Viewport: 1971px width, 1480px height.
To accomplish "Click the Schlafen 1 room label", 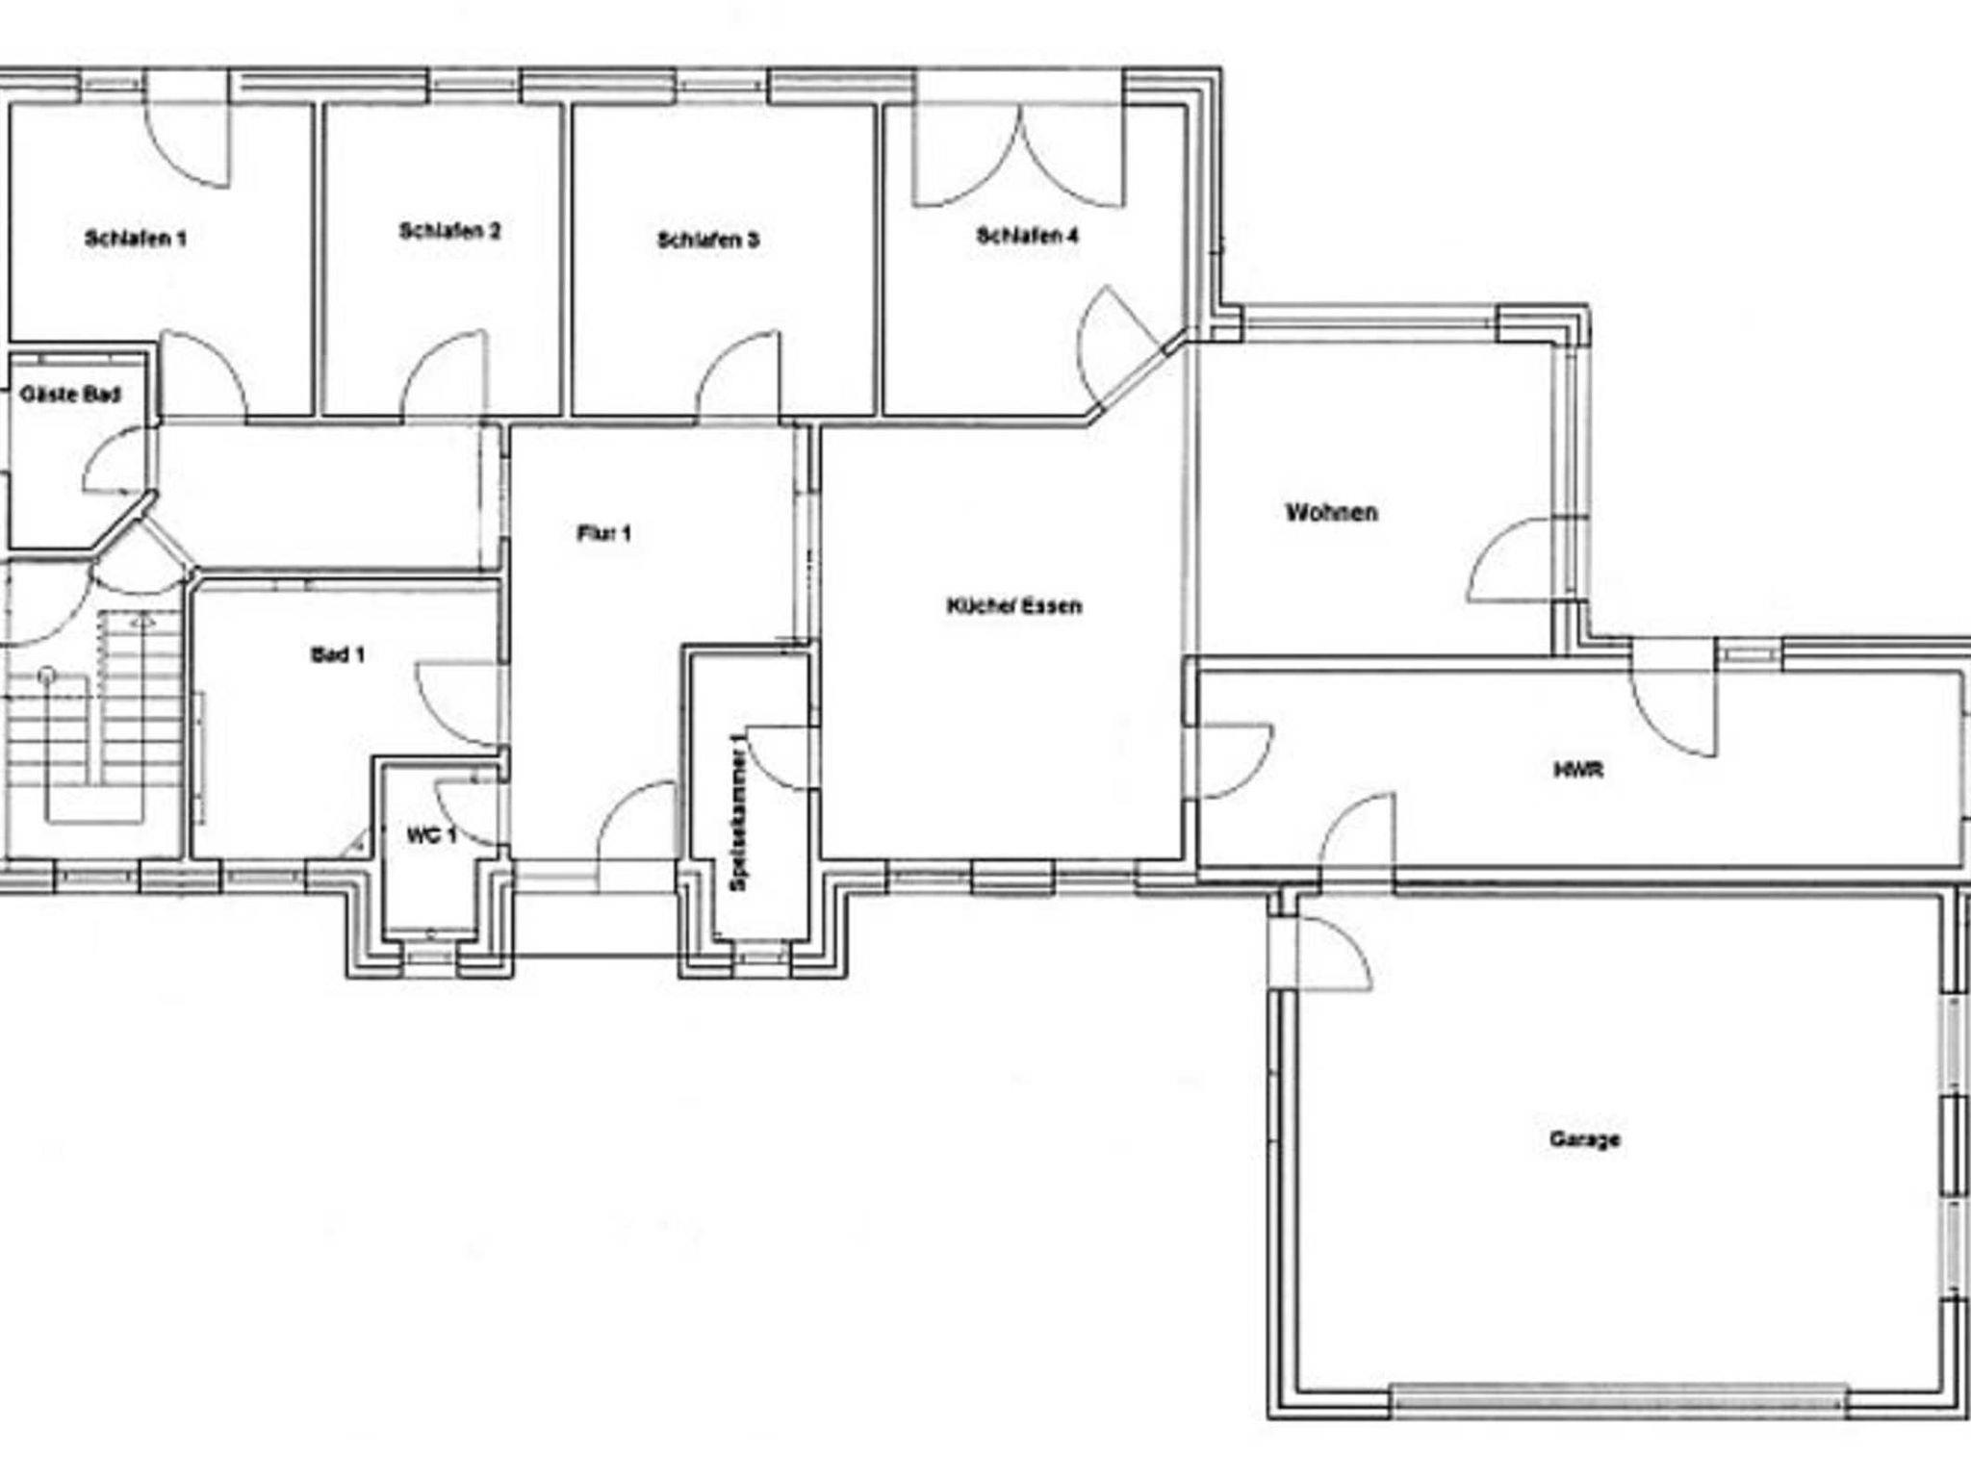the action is pos(136,239).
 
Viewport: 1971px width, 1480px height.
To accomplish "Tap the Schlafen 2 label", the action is pos(450,231).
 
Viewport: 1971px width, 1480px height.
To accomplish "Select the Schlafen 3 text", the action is pos(708,240).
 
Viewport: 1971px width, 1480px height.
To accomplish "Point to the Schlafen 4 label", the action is pos(1028,236).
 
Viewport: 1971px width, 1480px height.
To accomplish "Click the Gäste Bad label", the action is pos(71,395).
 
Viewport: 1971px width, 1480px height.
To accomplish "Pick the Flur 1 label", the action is pos(604,533).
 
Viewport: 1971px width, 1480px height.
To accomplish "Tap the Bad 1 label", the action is pos(338,655).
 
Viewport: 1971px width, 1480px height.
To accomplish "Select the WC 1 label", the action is pos(431,835).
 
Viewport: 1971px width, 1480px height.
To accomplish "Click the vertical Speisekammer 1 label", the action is pos(739,811).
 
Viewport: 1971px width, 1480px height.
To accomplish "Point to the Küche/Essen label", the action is pos(1014,606).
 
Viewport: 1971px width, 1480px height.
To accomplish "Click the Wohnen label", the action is pos(1332,512).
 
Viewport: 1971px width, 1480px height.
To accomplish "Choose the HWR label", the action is pos(1578,770).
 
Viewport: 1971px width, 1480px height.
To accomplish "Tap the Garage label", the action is pos(1584,1139).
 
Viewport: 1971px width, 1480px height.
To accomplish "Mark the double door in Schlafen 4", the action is pos(1020,154).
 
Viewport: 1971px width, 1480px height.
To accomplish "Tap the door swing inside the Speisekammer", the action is pos(779,758).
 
